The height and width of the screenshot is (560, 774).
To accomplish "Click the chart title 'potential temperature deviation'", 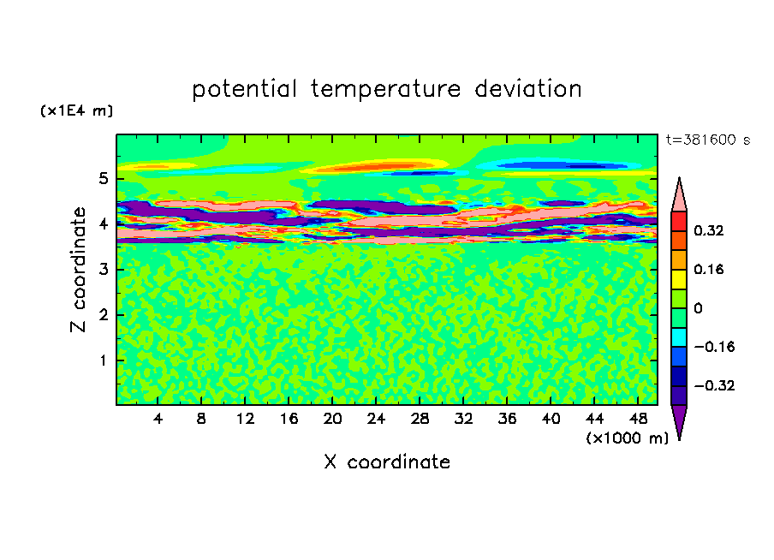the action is click(387, 89).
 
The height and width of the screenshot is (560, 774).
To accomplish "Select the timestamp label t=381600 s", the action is click(708, 140).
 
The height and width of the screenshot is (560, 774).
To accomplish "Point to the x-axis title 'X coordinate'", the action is click(387, 462).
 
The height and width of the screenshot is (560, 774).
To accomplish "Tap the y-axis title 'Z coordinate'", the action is click(78, 270).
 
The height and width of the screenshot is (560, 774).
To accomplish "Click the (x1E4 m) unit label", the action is click(76, 110).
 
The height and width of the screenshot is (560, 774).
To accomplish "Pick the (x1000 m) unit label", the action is click(627, 438).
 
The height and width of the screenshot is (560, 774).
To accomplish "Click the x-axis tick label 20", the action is click(332, 420).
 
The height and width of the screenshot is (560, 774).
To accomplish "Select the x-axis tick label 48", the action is click(638, 420).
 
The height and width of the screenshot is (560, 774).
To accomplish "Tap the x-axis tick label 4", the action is click(158, 420).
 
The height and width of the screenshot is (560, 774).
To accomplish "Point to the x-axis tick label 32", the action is click(463, 420).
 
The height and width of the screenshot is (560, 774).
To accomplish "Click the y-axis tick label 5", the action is click(103, 178).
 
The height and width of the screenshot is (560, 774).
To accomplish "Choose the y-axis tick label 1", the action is click(103, 360).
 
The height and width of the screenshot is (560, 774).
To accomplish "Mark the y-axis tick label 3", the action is click(103, 270).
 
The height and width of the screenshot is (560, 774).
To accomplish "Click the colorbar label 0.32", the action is click(708, 230).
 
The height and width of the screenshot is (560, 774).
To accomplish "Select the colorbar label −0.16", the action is click(714, 347).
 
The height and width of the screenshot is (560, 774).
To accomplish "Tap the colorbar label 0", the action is click(698, 308).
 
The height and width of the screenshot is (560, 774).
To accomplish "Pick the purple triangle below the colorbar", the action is click(679, 420).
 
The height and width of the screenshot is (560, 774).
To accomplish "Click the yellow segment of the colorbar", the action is click(679, 279).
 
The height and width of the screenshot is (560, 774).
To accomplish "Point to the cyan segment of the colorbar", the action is click(679, 337).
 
